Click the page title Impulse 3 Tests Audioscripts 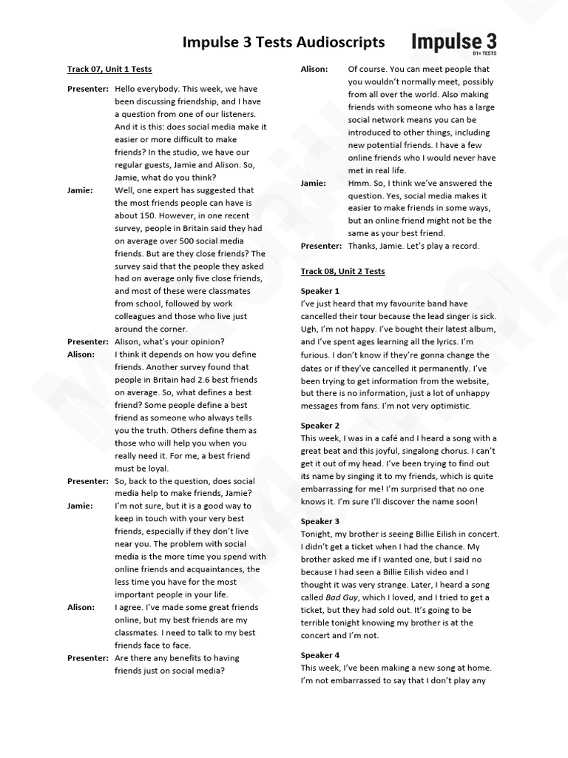pyautogui.click(x=283, y=42)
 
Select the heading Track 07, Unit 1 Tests pyautogui.click(x=109, y=70)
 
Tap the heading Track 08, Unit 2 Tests pyautogui.click(x=342, y=272)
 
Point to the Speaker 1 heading pyautogui.click(x=320, y=291)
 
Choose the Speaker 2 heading pyautogui.click(x=320, y=426)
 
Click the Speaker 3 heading pyautogui.click(x=320, y=521)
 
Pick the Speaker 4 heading pyautogui.click(x=320, y=655)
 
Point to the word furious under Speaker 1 pyautogui.click(x=317, y=355)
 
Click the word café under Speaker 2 pyautogui.click(x=387, y=438)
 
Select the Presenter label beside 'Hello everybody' pyautogui.click(x=87, y=88)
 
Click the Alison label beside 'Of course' pyautogui.click(x=314, y=69)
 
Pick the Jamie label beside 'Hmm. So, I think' pyautogui.click(x=314, y=183)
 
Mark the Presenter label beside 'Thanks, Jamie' pyautogui.click(x=321, y=246)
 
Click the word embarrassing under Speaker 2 pyautogui.click(x=334, y=489)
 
